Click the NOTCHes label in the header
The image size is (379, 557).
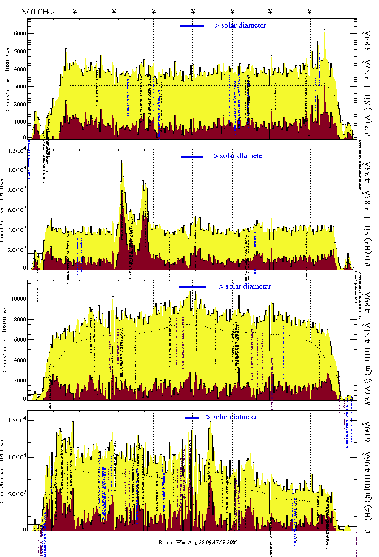(38, 12)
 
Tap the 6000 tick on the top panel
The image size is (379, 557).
(20, 34)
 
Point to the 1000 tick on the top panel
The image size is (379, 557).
(20, 122)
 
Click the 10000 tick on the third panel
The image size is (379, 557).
(18, 299)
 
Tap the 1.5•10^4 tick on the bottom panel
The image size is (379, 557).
(16, 420)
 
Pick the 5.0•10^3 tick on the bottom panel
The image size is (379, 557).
(16, 494)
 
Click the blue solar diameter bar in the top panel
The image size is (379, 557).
(192, 26)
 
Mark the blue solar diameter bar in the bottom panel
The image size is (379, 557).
(192, 418)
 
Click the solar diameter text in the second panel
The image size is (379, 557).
(239, 156)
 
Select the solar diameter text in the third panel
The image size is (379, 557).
(245, 286)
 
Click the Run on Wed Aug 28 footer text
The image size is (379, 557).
(198, 542)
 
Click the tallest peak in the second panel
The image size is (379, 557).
(122, 161)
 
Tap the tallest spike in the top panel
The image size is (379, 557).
(324, 31)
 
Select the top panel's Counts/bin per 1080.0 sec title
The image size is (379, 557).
(8, 79)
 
